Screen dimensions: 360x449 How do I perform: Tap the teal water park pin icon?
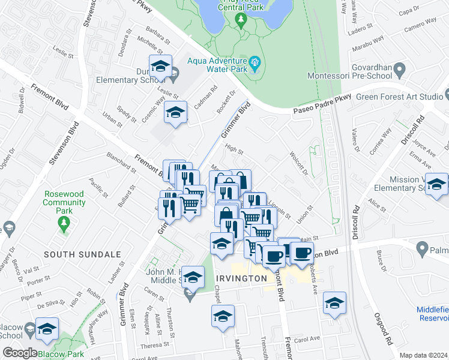(x=255, y=61)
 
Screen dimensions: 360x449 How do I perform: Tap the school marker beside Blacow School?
(x=47, y=328)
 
